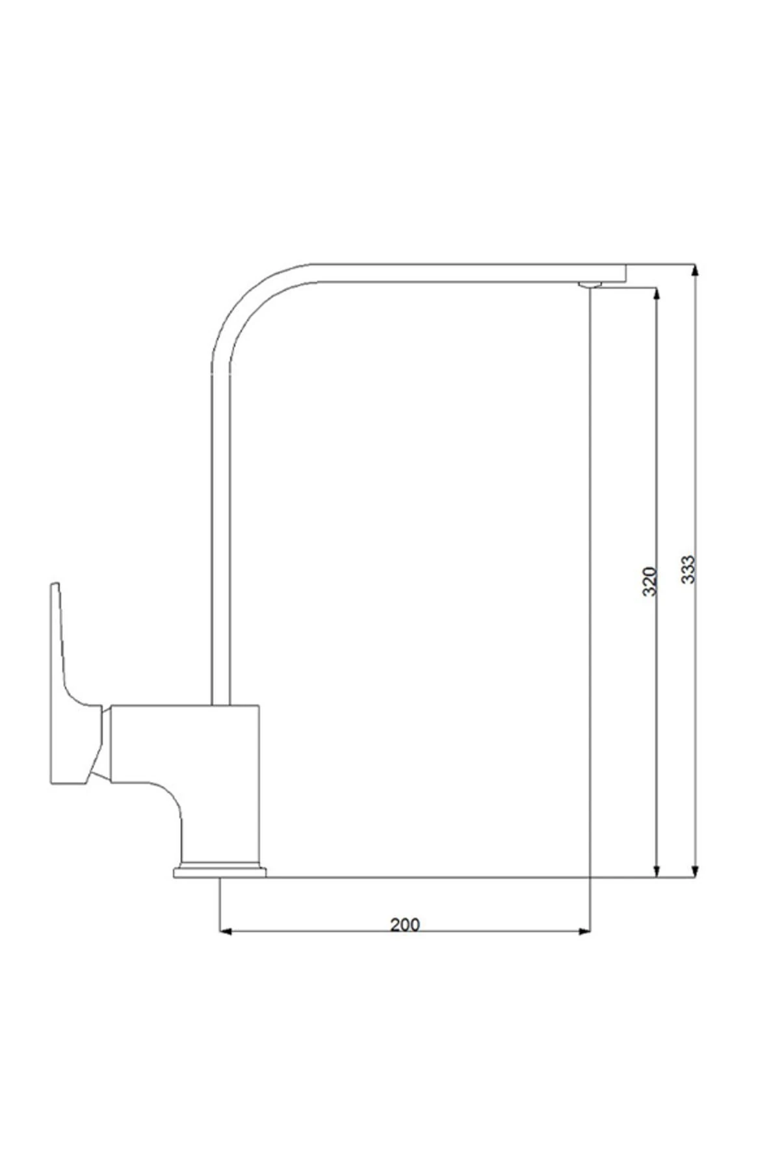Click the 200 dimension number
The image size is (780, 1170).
click(405, 924)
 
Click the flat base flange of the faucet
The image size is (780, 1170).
click(220, 872)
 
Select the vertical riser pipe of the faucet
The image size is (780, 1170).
click(221, 520)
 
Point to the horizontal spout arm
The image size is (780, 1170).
click(455, 273)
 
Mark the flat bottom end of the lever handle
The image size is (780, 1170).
click(68, 780)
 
